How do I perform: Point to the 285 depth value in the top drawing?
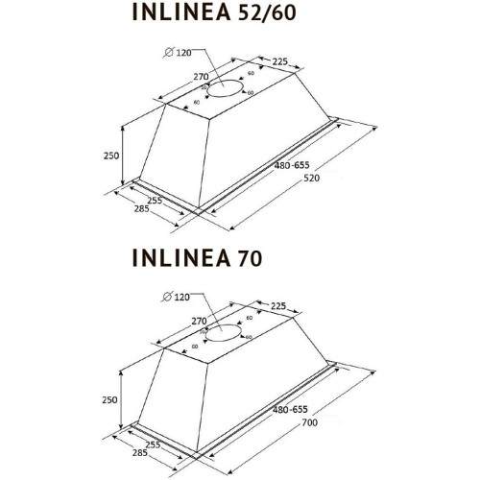pyautogui.click(x=141, y=209)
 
